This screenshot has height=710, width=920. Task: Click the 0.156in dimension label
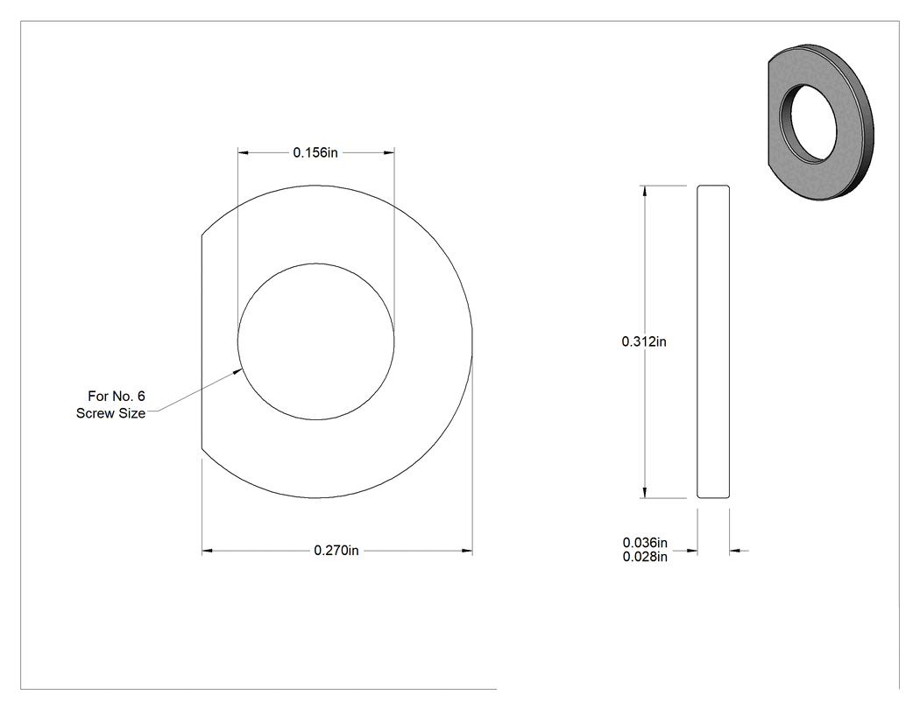tap(315, 152)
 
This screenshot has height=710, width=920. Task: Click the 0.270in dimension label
tap(336, 551)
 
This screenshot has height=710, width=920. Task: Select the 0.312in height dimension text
tap(644, 341)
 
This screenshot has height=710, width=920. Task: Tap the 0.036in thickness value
tap(645, 543)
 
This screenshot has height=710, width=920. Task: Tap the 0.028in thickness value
tap(645, 557)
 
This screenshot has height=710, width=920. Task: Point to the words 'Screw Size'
tap(111, 413)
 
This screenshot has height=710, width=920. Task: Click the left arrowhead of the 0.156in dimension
tap(243, 152)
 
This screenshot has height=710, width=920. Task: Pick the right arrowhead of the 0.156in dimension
tap(388, 152)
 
